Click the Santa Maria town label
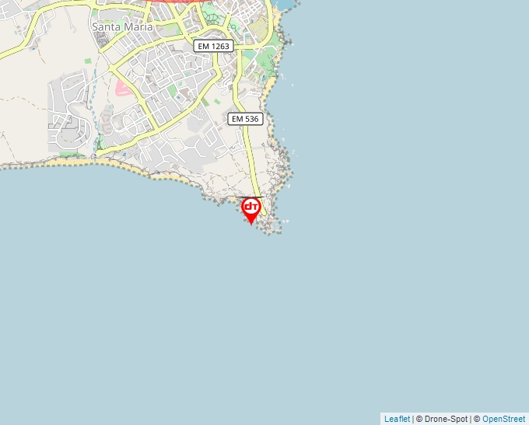pyautogui.click(x=122, y=26)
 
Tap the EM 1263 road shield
pyautogui.click(x=214, y=47)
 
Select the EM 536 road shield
pyautogui.click(x=246, y=119)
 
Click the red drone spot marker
pyautogui.click(x=251, y=209)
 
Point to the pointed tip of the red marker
pyautogui.click(x=251, y=224)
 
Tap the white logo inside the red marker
pyautogui.click(x=251, y=207)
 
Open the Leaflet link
pyautogui.click(x=397, y=419)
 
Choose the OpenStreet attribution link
pyautogui.click(x=503, y=419)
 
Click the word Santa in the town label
pyautogui.click(x=107, y=26)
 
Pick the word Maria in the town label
pyautogui.click(x=138, y=26)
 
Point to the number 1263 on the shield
pyautogui.click(x=221, y=47)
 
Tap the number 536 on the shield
pyautogui.click(x=251, y=119)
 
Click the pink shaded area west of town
pyautogui.click(x=123, y=87)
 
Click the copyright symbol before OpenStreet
pyautogui.click(x=477, y=419)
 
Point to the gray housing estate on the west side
pyautogui.click(x=66, y=117)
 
